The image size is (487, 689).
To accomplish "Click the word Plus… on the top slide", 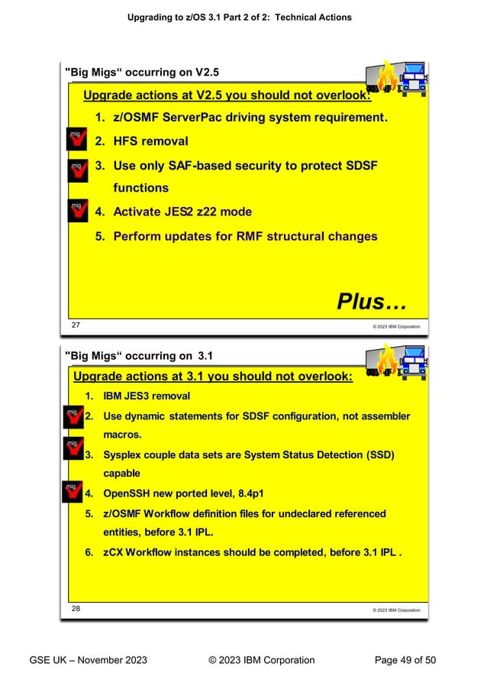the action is pos(371,302).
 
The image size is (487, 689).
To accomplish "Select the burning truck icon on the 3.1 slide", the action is pos(396,361).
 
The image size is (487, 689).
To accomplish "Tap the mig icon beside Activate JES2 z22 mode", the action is pos(77,211).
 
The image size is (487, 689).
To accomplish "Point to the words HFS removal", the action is pos(150,141).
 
